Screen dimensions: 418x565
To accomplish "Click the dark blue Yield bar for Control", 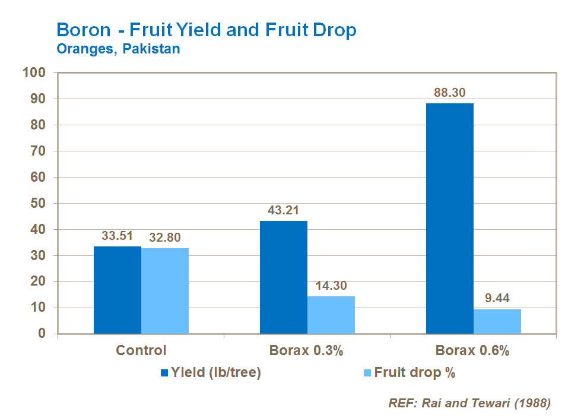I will click(118, 290).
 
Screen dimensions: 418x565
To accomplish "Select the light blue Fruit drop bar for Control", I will click(165, 291).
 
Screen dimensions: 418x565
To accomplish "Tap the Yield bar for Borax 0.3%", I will click(284, 277).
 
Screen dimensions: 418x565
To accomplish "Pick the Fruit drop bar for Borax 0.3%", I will click(331, 315).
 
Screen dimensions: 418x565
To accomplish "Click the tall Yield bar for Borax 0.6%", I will click(450, 218).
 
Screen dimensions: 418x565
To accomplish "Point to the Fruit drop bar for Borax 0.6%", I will click(497, 321).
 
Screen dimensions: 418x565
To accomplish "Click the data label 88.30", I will click(450, 93).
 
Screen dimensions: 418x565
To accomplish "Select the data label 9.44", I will click(497, 299).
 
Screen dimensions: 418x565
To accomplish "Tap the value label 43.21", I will click(284, 211).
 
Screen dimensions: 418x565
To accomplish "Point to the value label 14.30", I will click(331, 286).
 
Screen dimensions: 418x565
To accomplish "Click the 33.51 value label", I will click(118, 236).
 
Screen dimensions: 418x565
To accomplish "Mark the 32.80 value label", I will click(164, 237).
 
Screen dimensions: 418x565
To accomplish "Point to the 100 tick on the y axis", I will click(34, 72).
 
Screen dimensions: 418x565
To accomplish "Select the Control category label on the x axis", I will click(141, 350).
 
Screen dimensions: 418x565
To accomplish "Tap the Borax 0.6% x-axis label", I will click(473, 350).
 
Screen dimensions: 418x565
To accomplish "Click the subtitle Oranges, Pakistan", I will click(118, 49).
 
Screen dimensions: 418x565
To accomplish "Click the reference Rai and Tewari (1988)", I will click(469, 403).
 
